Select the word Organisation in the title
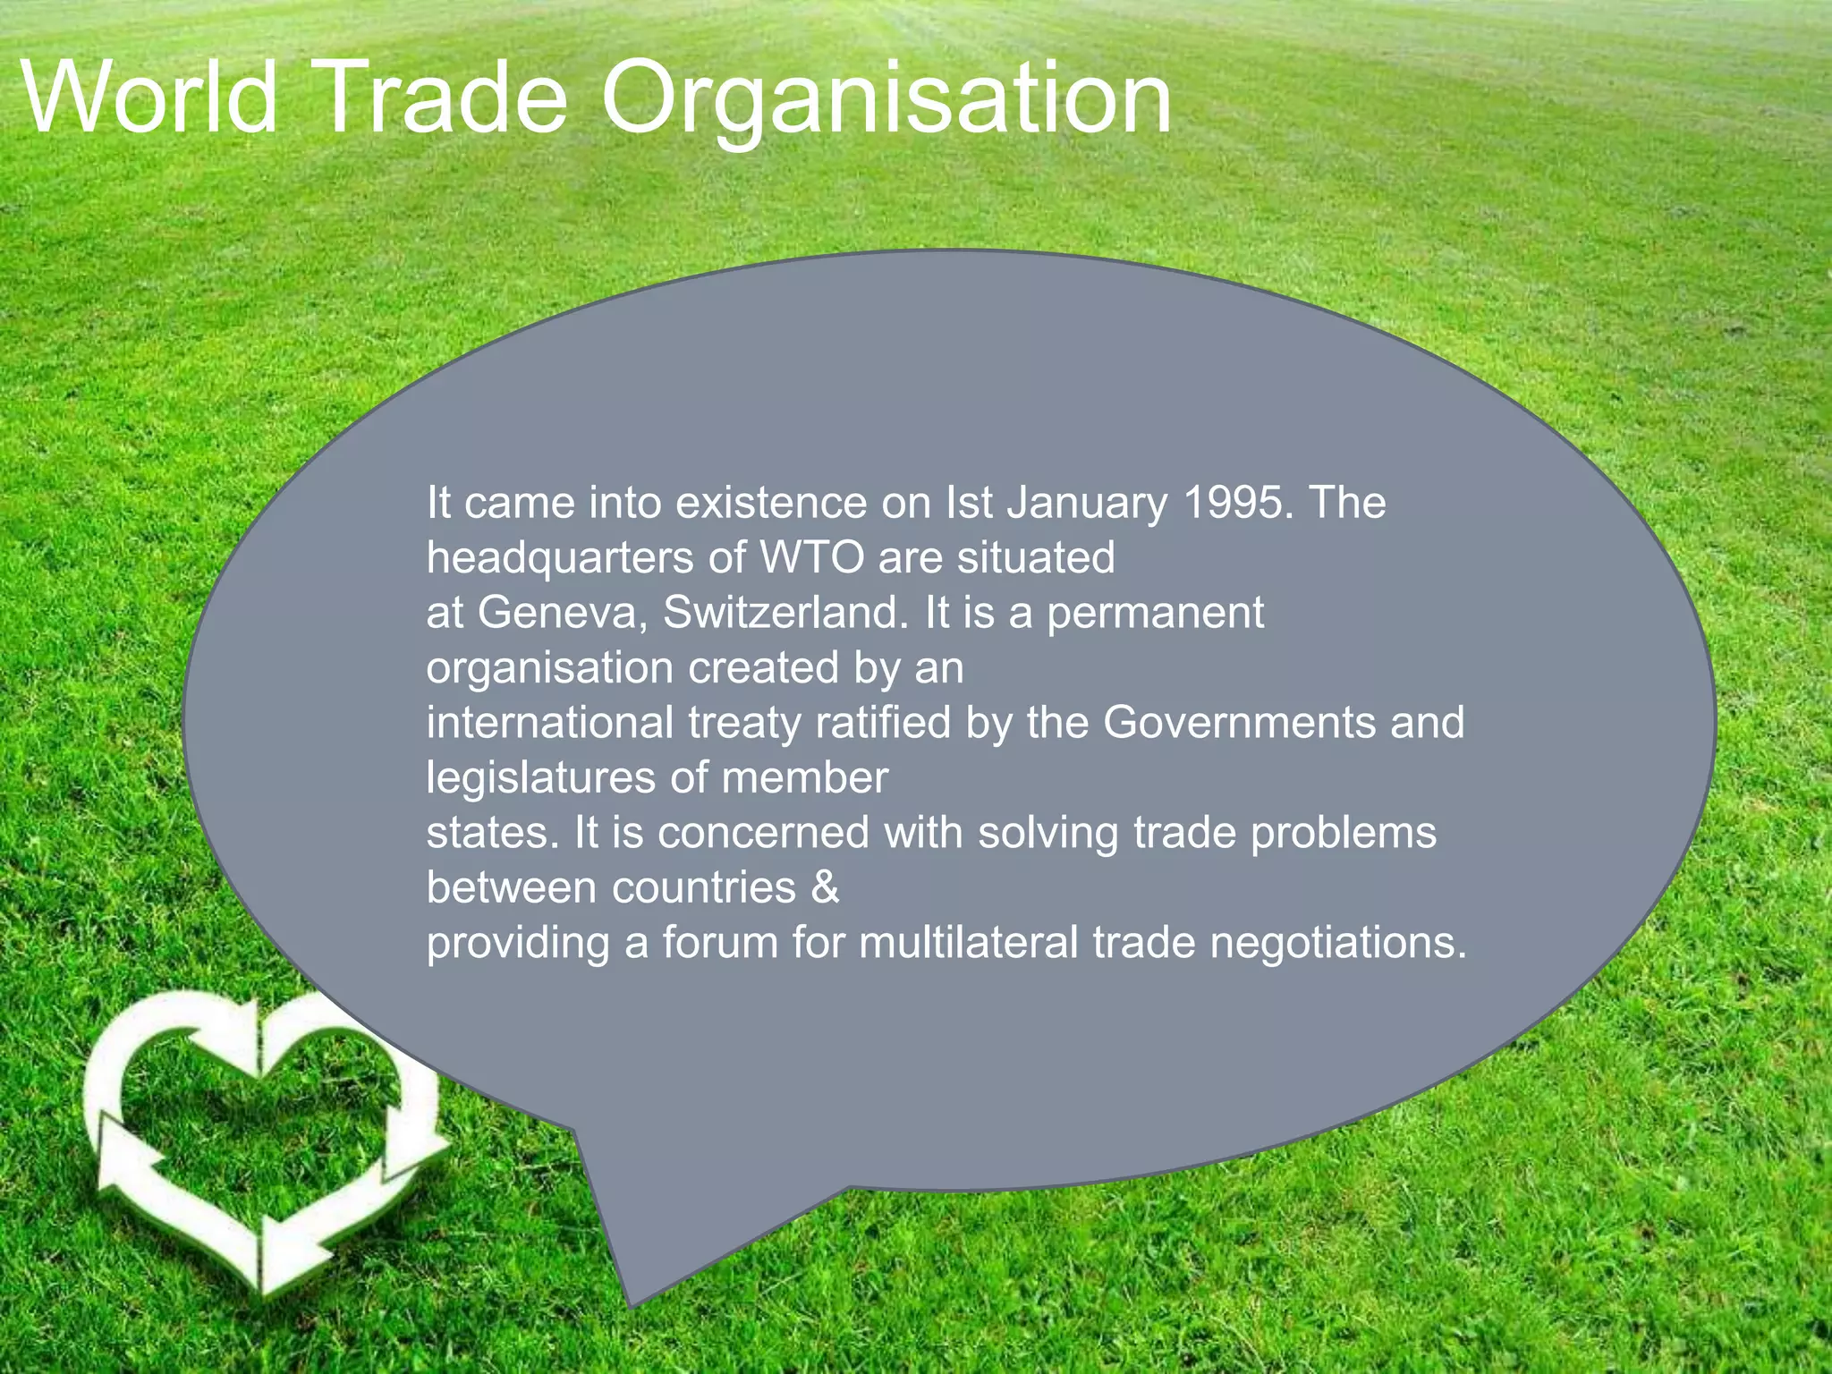(886, 100)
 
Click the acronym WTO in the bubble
(812, 557)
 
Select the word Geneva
(562, 614)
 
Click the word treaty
(744, 724)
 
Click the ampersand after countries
(825, 887)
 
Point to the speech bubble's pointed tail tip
(632, 1304)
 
